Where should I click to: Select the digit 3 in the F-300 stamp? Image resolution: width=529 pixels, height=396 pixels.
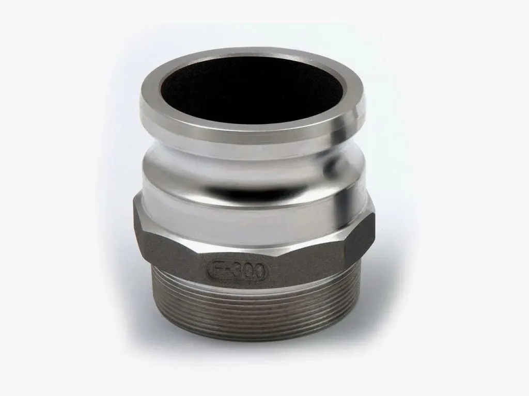point(234,271)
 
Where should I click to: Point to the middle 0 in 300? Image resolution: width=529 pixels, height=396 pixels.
point(246,271)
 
